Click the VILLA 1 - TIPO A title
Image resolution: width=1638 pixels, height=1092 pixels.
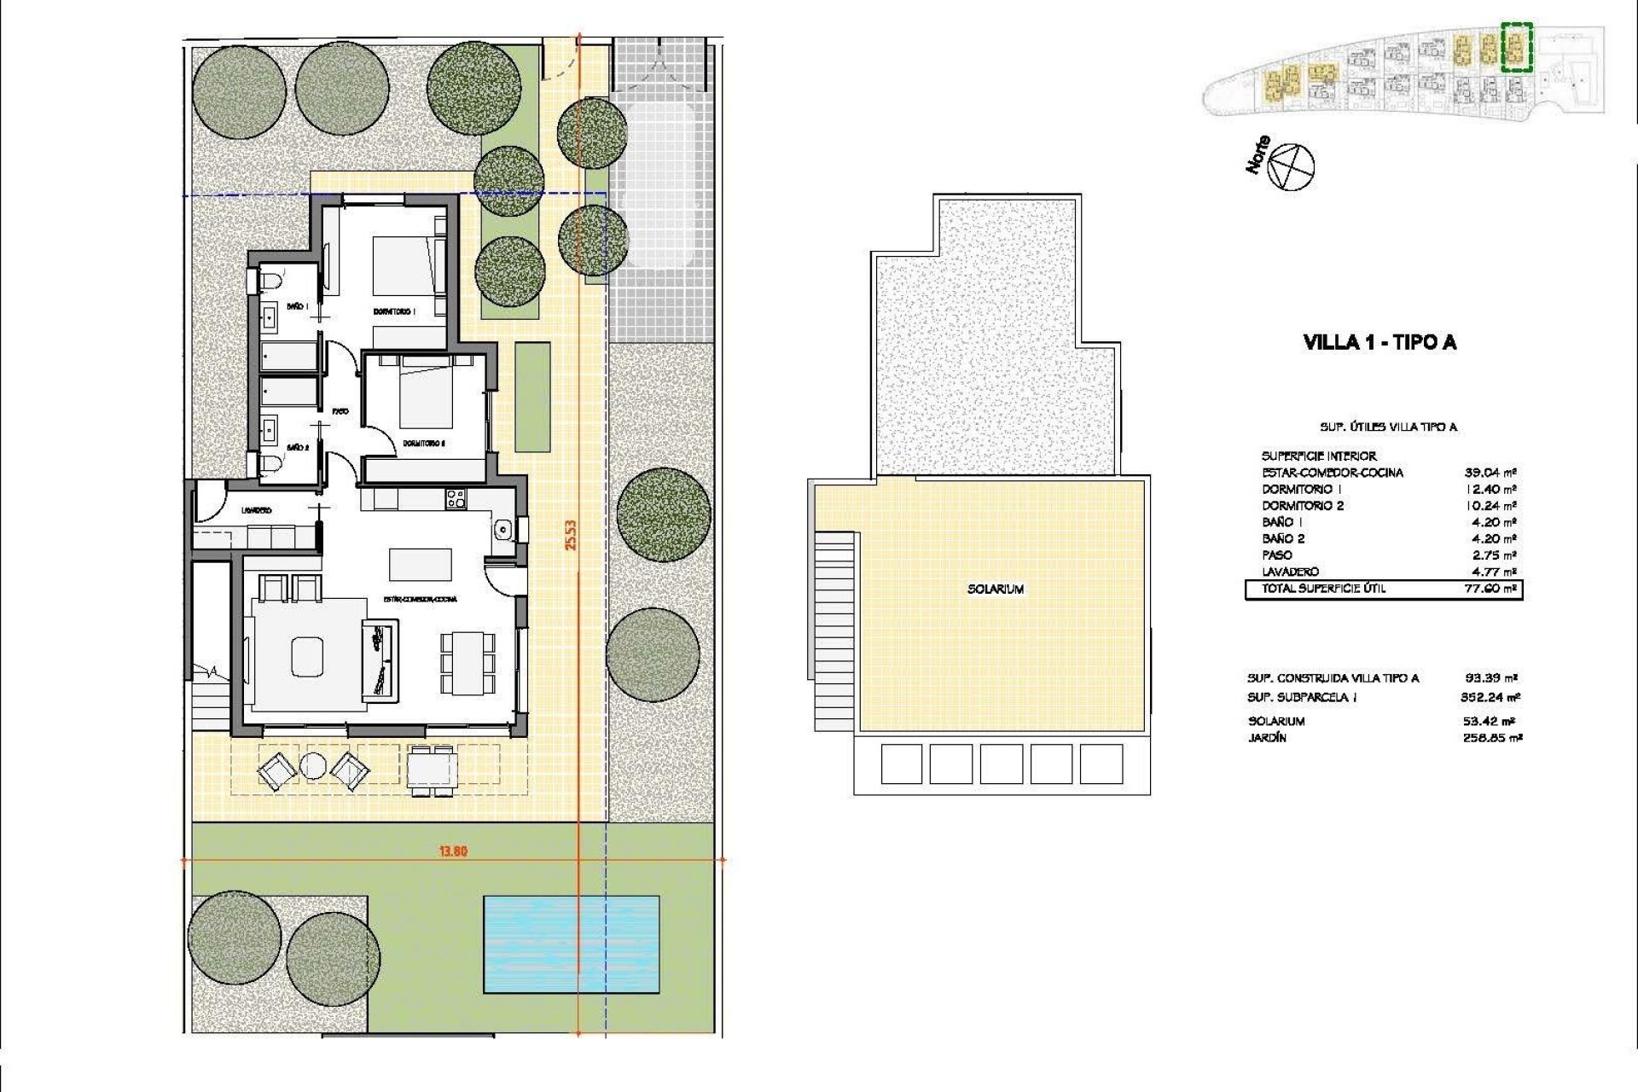(x=1380, y=343)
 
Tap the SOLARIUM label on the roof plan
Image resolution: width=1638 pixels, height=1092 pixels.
(x=996, y=589)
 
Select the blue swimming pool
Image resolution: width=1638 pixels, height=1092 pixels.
(x=571, y=944)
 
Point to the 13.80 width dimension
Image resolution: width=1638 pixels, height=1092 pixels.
(x=453, y=851)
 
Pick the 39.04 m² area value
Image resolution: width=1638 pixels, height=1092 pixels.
(x=1490, y=472)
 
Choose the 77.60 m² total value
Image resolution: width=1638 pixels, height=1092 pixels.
(x=1490, y=589)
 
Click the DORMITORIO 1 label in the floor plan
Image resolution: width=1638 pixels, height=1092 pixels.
(x=394, y=311)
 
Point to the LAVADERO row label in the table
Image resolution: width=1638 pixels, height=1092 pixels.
(x=1290, y=572)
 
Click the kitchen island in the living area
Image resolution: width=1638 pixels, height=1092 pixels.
(x=421, y=564)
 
